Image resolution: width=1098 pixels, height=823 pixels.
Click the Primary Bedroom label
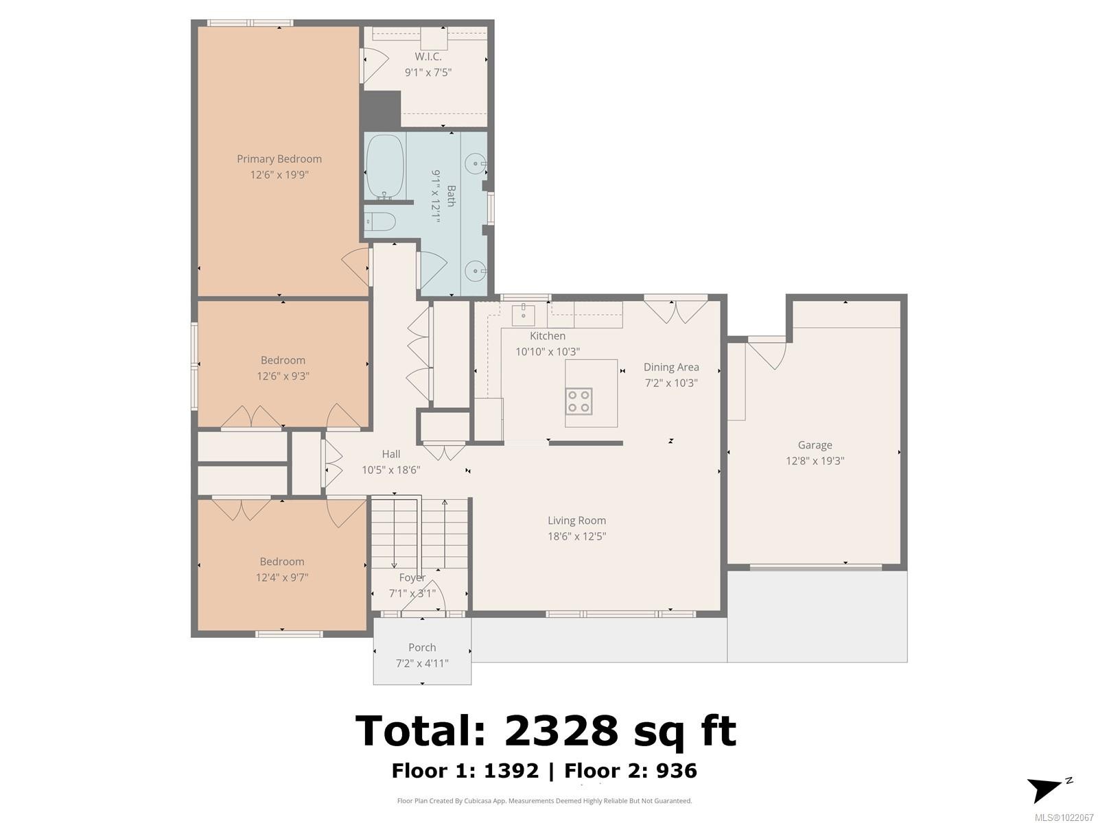tap(279, 159)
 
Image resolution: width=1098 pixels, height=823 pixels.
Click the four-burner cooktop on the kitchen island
tap(579, 401)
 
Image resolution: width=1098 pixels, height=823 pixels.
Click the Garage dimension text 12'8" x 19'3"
tap(815, 461)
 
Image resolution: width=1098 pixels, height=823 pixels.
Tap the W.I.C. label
tap(428, 57)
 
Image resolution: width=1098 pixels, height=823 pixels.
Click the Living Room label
tap(576, 521)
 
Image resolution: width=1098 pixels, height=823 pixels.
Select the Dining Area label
tap(671, 367)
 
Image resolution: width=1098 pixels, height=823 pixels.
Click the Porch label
tap(422, 647)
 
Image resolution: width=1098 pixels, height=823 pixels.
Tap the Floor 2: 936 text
tap(631, 771)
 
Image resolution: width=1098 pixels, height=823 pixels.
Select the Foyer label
tap(412, 577)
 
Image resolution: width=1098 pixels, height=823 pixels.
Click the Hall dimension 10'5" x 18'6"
tap(391, 470)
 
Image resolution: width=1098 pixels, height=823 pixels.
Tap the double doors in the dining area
tap(676, 310)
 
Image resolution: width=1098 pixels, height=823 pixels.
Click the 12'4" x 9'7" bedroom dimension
tap(281, 577)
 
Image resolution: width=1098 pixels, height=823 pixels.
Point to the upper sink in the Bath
tap(474, 165)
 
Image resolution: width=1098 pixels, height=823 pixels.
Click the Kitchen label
tap(548, 336)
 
